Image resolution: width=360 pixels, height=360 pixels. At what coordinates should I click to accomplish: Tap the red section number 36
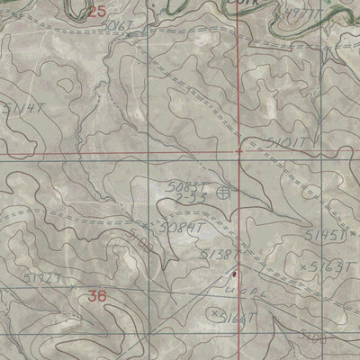(x=100, y=294)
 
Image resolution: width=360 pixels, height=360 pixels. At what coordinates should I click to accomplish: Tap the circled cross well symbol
(x=222, y=191)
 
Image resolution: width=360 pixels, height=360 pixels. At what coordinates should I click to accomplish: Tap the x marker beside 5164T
(x=214, y=313)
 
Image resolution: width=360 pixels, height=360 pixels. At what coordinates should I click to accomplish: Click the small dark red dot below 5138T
(x=235, y=274)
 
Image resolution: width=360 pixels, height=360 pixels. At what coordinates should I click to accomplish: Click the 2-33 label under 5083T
(x=187, y=198)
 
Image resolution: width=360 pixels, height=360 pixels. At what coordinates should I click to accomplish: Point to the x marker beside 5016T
(x=130, y=35)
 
